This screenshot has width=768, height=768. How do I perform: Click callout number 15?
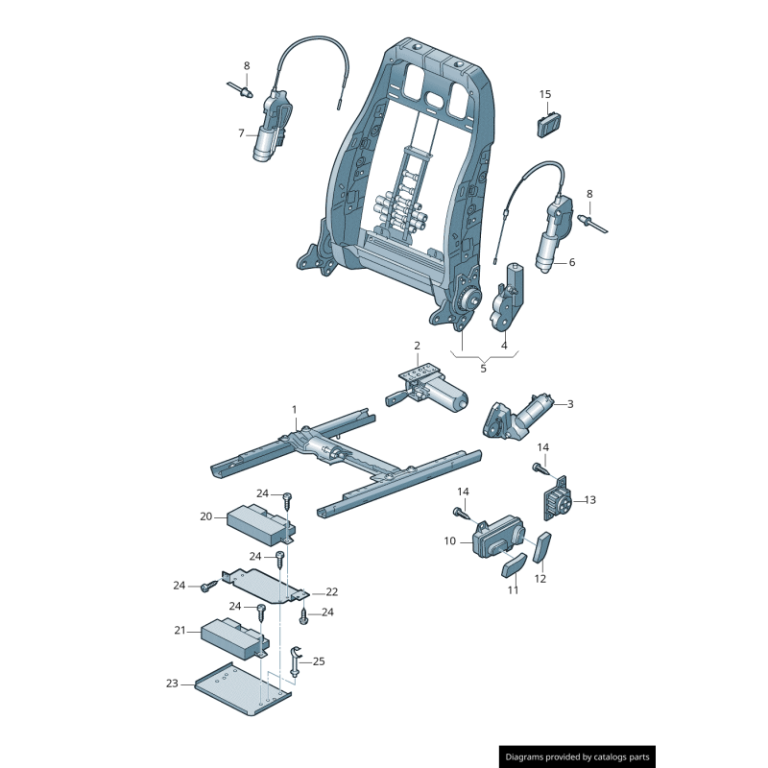pos(545,94)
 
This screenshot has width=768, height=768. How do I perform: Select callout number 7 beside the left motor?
pos(242,133)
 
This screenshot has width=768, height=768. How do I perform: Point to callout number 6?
pos(572,262)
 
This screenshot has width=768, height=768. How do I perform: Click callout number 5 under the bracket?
pos(484,367)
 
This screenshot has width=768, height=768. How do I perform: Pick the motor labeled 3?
pos(518,417)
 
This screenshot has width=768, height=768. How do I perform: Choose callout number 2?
pos(417,346)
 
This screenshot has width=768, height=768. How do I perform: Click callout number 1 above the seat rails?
pos(295,410)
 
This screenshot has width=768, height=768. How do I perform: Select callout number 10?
pos(449,541)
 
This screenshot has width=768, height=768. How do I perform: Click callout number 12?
pos(540,579)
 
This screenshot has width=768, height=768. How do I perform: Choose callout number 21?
pos(179,631)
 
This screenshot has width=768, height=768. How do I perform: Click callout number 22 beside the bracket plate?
pos(332,592)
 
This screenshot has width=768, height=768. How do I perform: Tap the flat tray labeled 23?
pos(240,688)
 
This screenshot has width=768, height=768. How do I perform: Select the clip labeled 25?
pos(296,661)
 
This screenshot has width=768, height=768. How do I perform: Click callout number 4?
pos(504,346)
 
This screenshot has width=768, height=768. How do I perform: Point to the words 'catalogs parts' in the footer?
pos(619,757)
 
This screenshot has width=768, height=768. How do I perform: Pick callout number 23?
pos(172,684)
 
